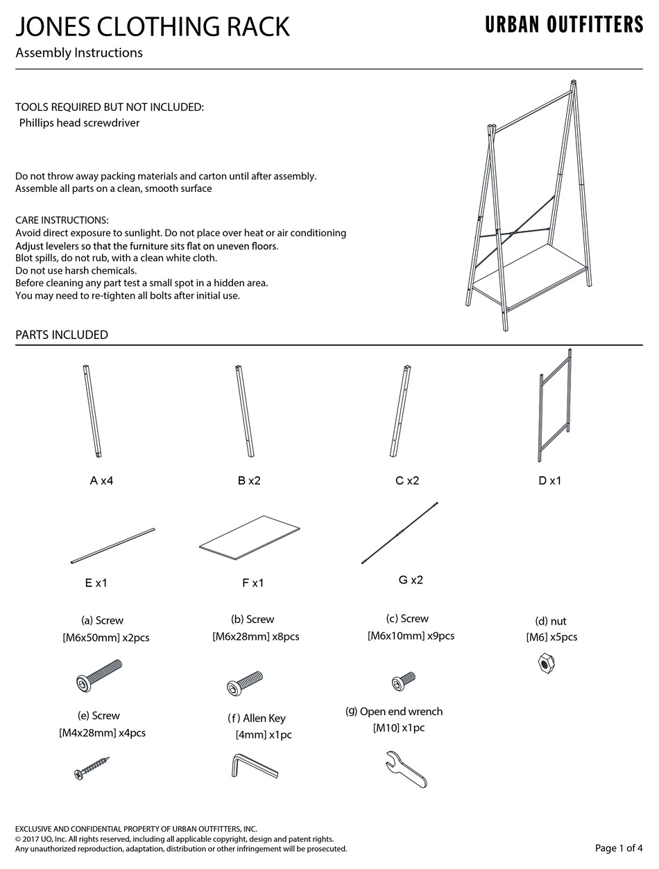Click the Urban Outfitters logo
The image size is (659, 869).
[x=564, y=26]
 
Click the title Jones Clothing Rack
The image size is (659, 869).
[x=153, y=27]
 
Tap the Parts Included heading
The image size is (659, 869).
[x=62, y=335]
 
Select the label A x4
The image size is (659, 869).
[x=101, y=480]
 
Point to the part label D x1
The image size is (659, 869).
[x=550, y=480]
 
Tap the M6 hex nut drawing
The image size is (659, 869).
[x=546, y=664]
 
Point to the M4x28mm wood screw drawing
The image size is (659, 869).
[x=92, y=769]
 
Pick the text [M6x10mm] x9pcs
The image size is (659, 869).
[x=411, y=635]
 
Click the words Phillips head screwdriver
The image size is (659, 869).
[x=79, y=123]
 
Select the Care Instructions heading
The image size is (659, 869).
[x=62, y=220]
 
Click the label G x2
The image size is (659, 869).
[x=411, y=580]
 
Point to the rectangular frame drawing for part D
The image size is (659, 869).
[x=554, y=407]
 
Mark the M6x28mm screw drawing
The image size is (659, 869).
[x=245, y=682]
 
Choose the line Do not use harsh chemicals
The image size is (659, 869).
[x=76, y=270]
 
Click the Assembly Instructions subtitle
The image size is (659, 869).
[x=79, y=53]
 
